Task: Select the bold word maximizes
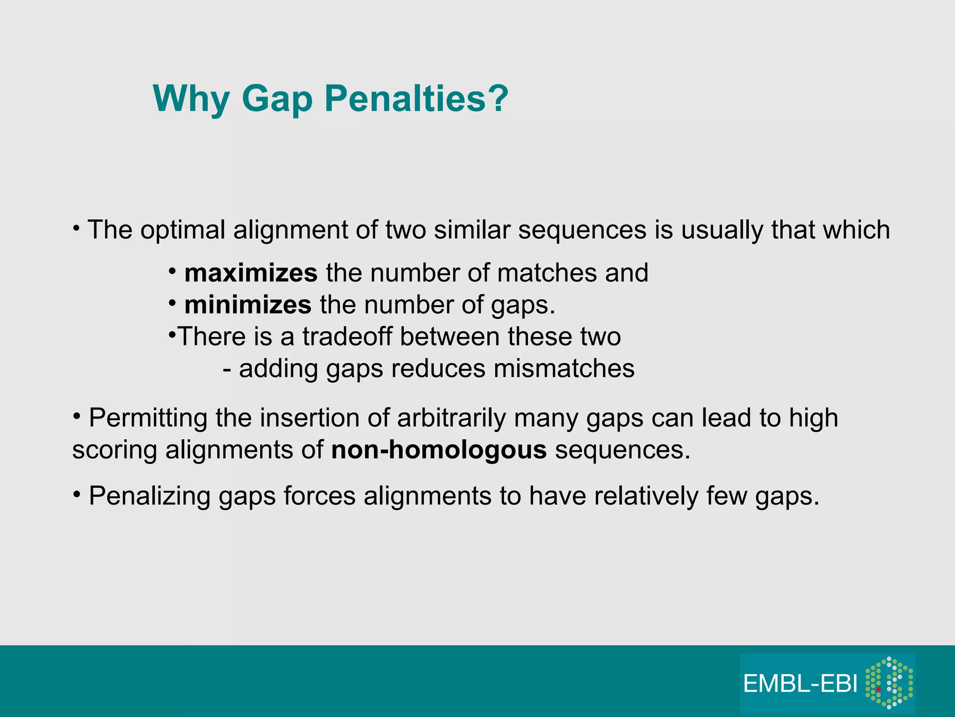click(251, 273)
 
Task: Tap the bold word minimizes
click(248, 305)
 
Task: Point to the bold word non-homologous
click(439, 450)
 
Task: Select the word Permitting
click(148, 418)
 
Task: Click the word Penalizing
click(149, 496)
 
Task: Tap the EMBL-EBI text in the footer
click(800, 684)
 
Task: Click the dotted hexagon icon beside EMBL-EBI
click(889, 683)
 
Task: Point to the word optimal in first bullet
click(183, 230)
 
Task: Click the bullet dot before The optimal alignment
click(76, 228)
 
